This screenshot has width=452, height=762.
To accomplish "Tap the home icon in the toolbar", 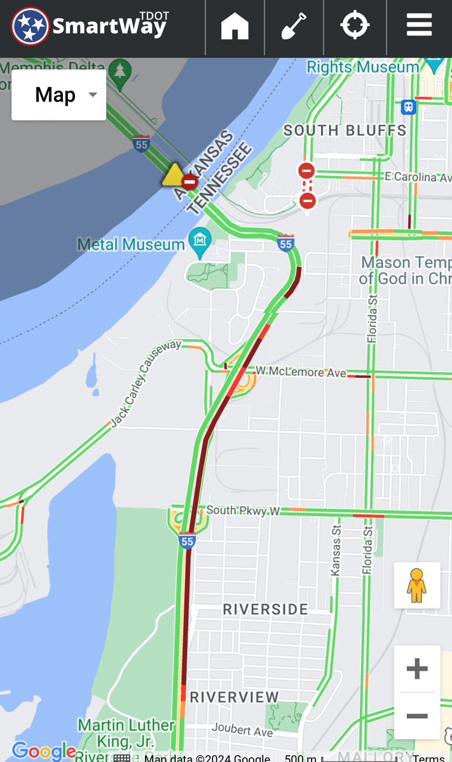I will click(235, 26).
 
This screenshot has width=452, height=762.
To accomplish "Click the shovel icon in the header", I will click(294, 26).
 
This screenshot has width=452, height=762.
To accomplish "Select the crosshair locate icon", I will click(355, 26).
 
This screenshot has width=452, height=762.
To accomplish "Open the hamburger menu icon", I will click(419, 26).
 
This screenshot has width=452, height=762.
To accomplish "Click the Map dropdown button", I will click(59, 95).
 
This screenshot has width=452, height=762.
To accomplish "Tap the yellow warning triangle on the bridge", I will click(172, 176).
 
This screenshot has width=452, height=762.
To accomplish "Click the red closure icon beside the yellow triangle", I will click(189, 182).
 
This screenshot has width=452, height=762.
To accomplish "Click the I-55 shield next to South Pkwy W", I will click(186, 542).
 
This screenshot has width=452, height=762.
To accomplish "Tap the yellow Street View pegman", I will click(416, 585).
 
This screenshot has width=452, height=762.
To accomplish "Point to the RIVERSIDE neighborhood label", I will click(265, 610).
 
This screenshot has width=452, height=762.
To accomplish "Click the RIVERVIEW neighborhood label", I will click(234, 697).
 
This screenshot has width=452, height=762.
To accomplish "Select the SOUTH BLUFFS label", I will click(345, 131).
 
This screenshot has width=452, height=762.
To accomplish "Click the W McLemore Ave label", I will click(301, 371).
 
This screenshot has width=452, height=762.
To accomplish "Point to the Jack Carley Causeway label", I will click(146, 384).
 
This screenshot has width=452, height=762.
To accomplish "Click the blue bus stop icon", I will click(408, 107).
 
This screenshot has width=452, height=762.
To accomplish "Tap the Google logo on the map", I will click(43, 752).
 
